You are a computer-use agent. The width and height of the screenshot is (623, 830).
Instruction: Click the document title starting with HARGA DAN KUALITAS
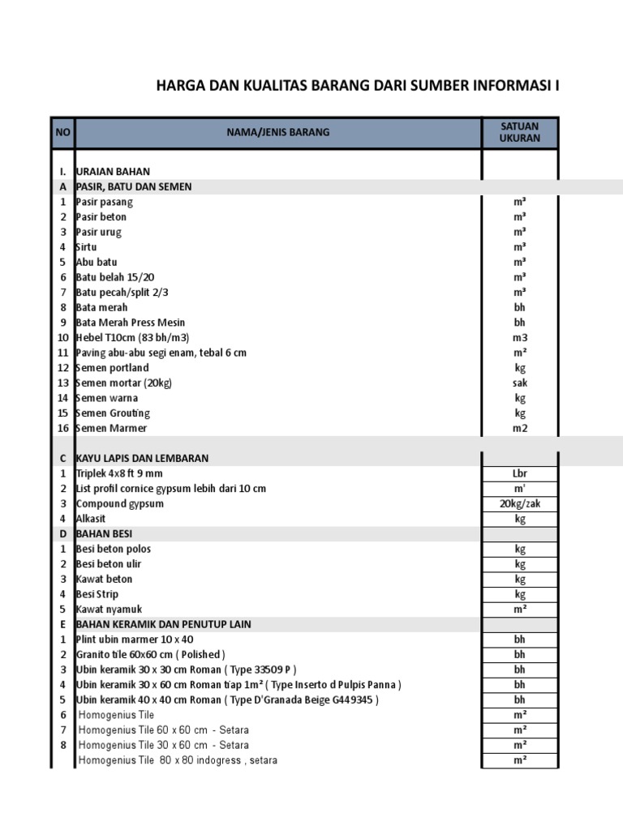[x=357, y=87]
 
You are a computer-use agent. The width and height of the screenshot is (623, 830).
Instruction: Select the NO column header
[x=62, y=132]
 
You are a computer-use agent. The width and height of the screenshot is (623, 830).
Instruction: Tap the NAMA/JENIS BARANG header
[x=278, y=132]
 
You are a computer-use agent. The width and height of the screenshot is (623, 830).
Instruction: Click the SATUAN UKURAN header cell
[x=520, y=132]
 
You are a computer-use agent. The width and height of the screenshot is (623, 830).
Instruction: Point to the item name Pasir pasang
[x=105, y=202]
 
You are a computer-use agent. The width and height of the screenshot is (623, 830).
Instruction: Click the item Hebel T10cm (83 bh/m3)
[x=132, y=337]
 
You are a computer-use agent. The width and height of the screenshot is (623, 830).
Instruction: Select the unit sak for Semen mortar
[x=520, y=383]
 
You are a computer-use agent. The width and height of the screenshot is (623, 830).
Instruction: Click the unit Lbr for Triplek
[x=520, y=473]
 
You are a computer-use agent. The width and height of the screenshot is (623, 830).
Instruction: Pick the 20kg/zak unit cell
[x=520, y=503]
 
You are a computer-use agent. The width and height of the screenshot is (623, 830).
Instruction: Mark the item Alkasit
[x=91, y=519]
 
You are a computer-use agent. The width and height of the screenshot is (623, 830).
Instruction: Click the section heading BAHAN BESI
[x=103, y=533]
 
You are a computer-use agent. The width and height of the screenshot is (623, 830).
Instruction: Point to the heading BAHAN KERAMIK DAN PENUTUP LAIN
[x=163, y=624]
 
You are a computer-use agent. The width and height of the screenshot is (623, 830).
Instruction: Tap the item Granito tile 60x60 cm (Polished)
[x=150, y=654]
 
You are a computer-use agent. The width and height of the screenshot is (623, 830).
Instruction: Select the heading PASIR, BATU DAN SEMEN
[x=134, y=186]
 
